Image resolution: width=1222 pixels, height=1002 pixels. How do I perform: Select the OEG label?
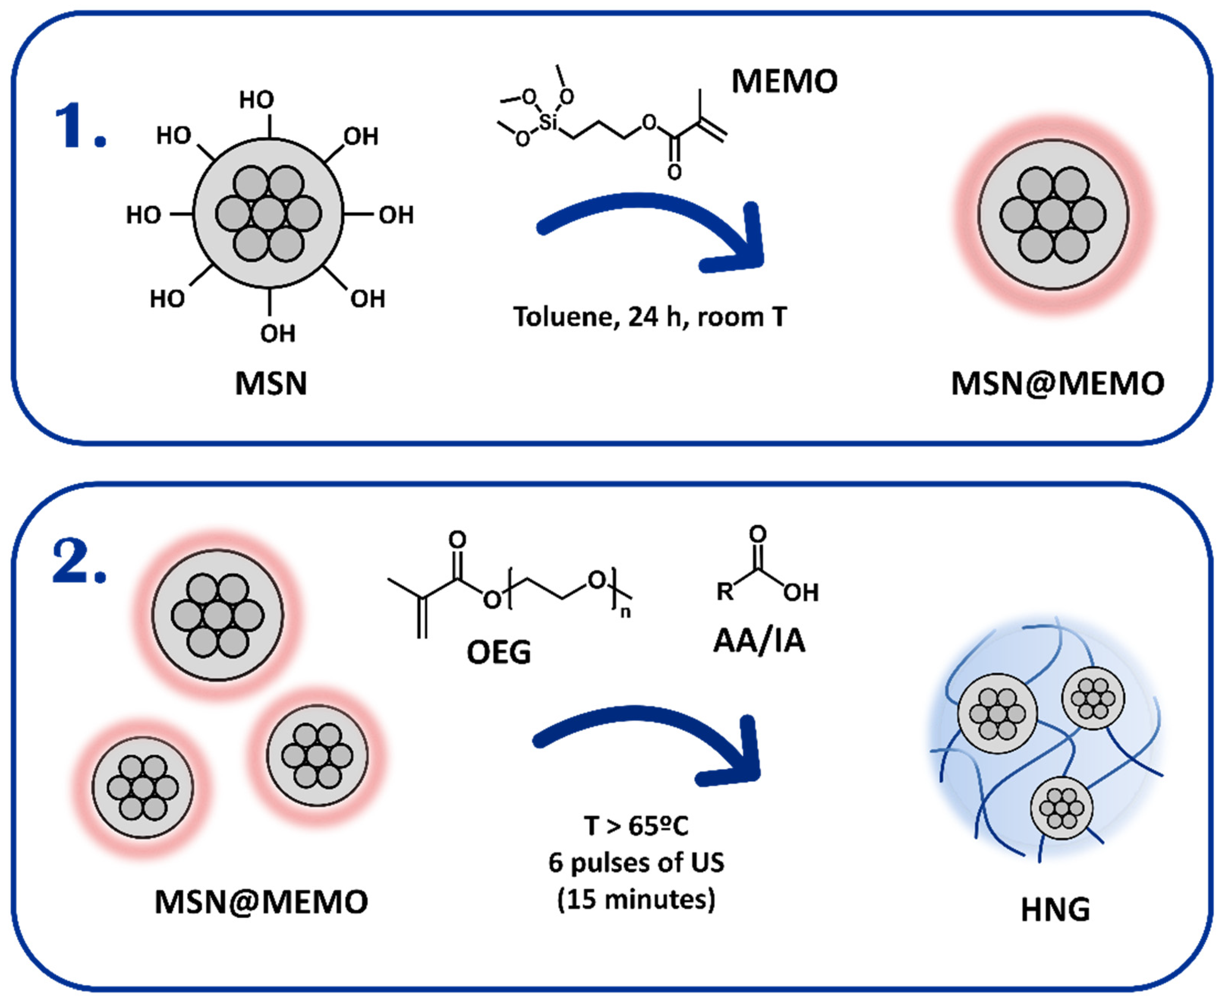(499, 653)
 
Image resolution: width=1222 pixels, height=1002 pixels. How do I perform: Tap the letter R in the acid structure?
(725, 592)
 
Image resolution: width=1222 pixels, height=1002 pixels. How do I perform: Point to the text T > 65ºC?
(636, 826)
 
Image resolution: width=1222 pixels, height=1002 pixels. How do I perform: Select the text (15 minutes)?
(636, 899)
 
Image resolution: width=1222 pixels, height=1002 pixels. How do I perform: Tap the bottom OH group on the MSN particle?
(277, 334)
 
